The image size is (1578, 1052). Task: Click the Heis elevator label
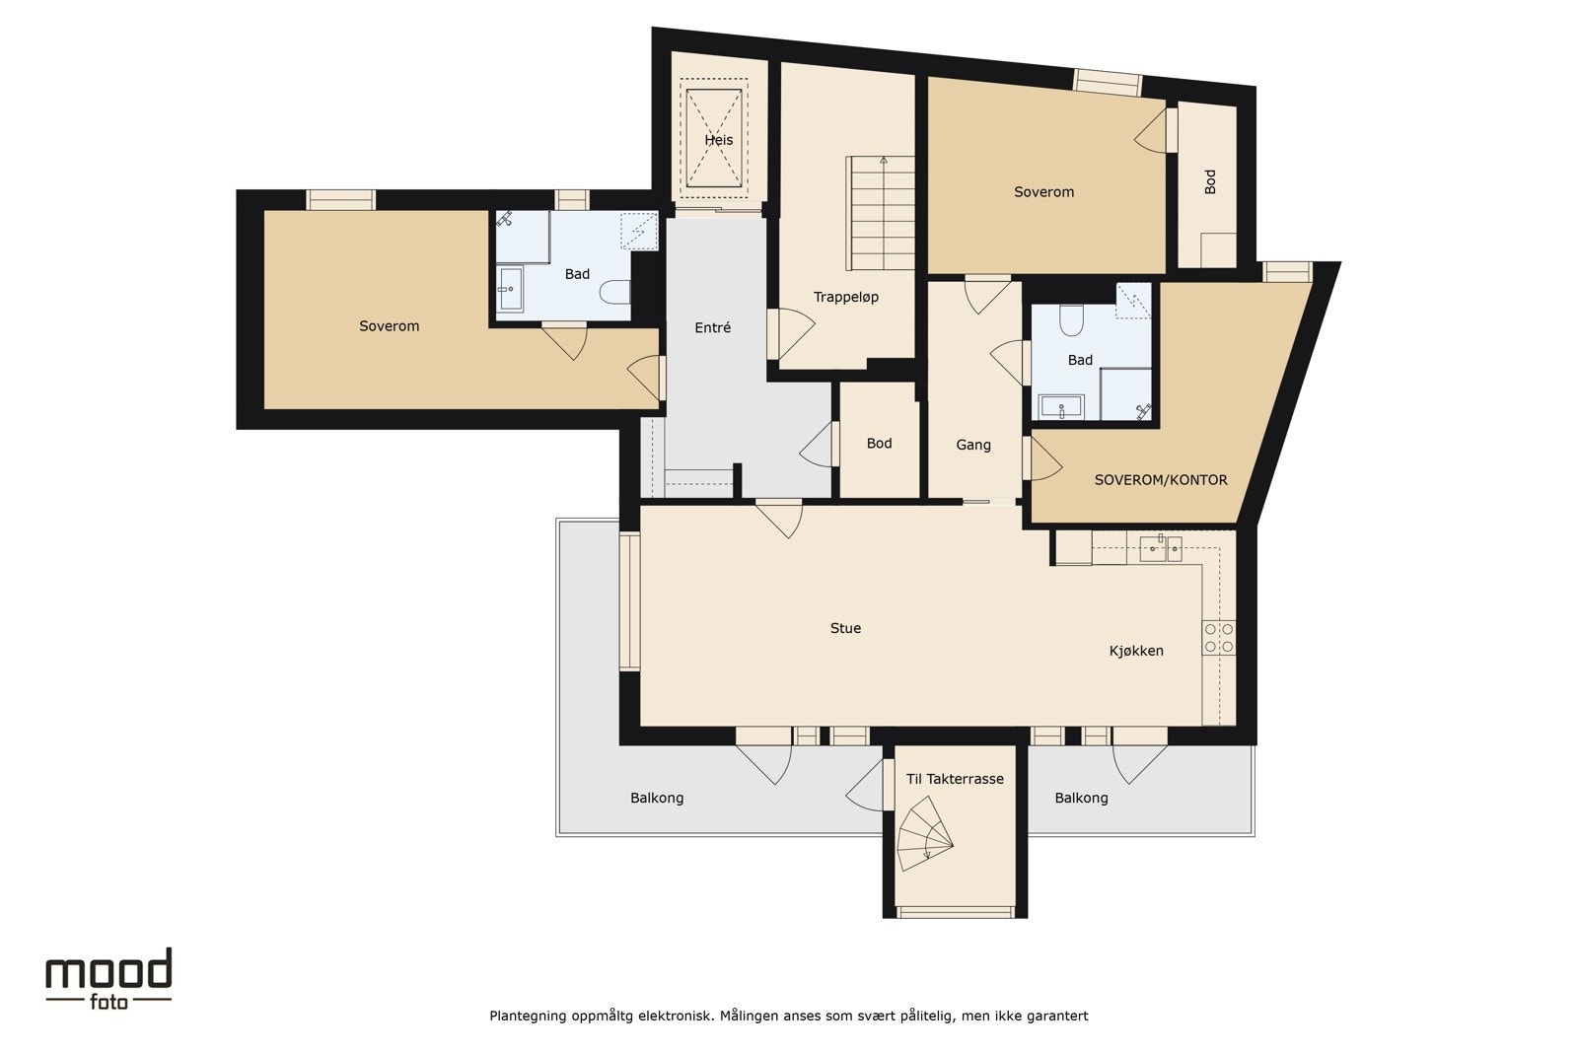pyautogui.click(x=719, y=140)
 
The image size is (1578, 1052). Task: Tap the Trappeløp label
pyautogui.click(x=846, y=297)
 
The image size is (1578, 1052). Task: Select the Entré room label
pyautogui.click(x=713, y=327)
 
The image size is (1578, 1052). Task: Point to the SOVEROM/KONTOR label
pyautogui.click(x=1161, y=480)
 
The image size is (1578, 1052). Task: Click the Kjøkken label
pyautogui.click(x=1136, y=651)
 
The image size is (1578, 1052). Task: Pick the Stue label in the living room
pyautogui.click(x=845, y=628)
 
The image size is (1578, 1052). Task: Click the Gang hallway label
pyautogui.click(x=973, y=445)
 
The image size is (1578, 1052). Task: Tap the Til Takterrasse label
pyautogui.click(x=955, y=779)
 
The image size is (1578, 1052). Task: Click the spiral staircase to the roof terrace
pyautogui.click(x=925, y=834)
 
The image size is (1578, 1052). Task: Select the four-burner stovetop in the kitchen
pyautogui.click(x=1219, y=637)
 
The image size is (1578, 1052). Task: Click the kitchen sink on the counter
pyautogui.click(x=1160, y=548)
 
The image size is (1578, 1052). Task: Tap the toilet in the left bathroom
pyautogui.click(x=615, y=292)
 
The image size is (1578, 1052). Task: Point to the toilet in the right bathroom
pyautogui.click(x=1071, y=319)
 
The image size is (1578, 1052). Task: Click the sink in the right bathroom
pyautogui.click(x=1061, y=407)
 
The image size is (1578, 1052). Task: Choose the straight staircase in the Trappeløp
pyautogui.click(x=880, y=213)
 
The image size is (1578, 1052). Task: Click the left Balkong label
pyautogui.click(x=657, y=798)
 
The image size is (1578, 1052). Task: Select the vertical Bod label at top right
pyautogui.click(x=1210, y=181)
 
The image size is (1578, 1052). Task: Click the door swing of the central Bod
pyautogui.click(x=816, y=445)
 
